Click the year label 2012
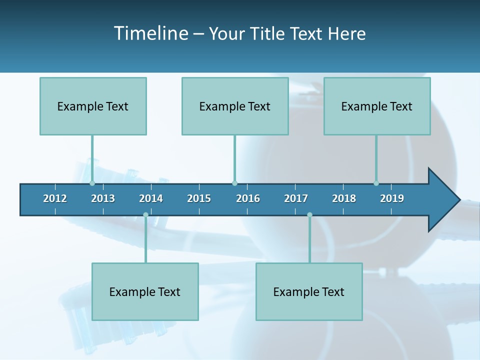(55, 198)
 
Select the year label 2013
(103, 198)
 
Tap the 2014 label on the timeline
(151, 198)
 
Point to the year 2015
(199, 198)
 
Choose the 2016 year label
(248, 198)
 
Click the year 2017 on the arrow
(296, 198)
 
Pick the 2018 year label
(344, 198)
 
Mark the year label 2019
(392, 198)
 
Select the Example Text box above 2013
(93, 106)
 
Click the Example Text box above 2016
(235, 106)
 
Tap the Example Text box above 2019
(377, 106)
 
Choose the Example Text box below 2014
(145, 291)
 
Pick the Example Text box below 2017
(309, 291)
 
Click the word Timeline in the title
(150, 33)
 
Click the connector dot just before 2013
(92, 183)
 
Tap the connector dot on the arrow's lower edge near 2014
(145, 215)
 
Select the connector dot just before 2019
(376, 183)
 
